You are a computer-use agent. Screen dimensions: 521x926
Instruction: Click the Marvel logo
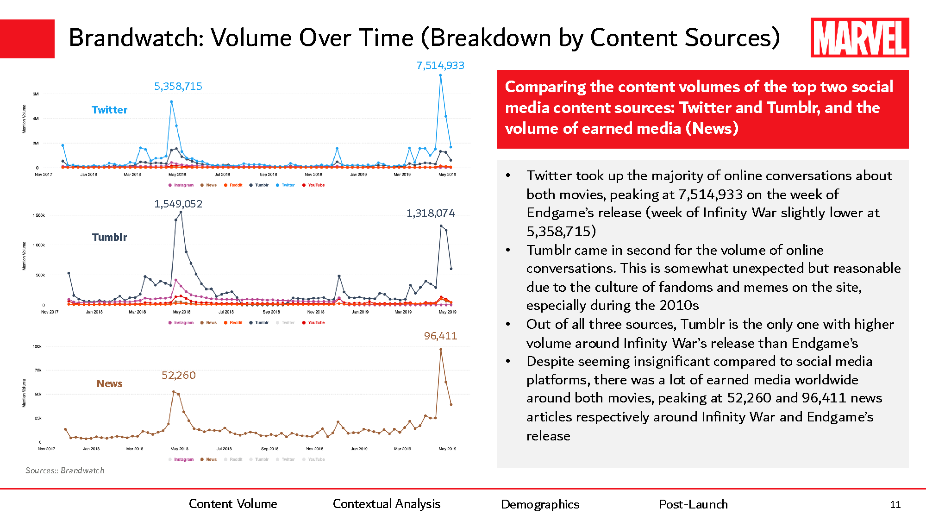click(x=859, y=38)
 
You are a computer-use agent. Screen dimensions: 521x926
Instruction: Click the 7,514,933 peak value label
click(x=440, y=66)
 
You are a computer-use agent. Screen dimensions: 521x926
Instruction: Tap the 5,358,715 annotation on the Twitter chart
click(x=178, y=87)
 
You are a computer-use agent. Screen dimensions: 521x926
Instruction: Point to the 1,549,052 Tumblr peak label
click(x=178, y=204)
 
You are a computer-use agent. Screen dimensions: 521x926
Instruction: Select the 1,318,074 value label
click(x=431, y=213)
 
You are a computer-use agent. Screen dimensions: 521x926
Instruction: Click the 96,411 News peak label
click(x=440, y=336)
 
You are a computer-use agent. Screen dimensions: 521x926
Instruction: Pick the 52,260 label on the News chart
click(x=178, y=375)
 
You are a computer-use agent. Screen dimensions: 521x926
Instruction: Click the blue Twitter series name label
click(x=109, y=110)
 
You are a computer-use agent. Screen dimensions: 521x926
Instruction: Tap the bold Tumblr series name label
click(x=109, y=237)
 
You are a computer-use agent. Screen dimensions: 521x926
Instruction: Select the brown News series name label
click(x=109, y=383)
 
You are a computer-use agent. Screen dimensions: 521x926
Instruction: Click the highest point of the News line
click(x=440, y=350)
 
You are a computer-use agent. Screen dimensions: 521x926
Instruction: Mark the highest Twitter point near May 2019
click(x=440, y=75)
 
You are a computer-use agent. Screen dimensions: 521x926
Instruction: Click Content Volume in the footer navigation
click(x=233, y=504)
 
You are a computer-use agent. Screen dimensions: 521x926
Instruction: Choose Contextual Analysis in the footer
click(x=387, y=504)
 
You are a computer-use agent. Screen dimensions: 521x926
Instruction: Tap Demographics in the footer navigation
click(x=540, y=504)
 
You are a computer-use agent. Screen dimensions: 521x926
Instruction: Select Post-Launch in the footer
click(x=693, y=504)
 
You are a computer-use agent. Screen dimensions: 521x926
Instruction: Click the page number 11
click(x=895, y=505)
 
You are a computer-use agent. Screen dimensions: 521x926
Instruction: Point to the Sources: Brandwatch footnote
click(x=65, y=471)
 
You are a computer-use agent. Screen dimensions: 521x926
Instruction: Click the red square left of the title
click(x=27, y=39)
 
